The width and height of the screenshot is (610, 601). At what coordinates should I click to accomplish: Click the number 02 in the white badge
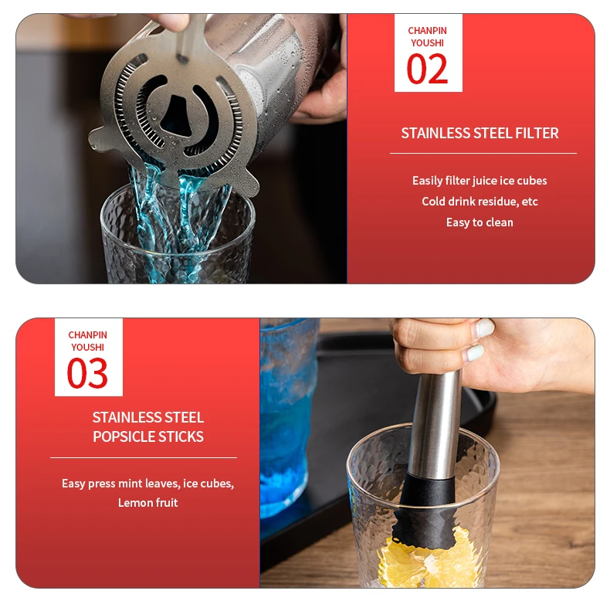[427, 69]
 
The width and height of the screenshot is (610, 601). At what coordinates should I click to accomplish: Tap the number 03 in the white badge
[87, 373]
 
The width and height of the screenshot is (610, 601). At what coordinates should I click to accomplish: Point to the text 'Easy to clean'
[480, 222]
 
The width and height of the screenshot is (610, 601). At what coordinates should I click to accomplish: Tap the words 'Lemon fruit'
[147, 503]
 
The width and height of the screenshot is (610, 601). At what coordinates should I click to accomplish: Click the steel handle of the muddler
[435, 424]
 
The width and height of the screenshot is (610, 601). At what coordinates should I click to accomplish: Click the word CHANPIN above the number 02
[427, 31]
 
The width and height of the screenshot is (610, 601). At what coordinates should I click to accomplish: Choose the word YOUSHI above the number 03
[87, 347]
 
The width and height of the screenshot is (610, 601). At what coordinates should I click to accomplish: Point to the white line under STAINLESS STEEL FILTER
[483, 154]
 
